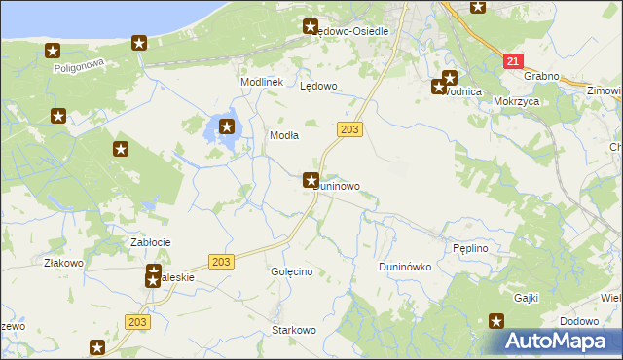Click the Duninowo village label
(x=342, y=185)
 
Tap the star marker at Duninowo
(x=311, y=179)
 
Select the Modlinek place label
(x=262, y=82)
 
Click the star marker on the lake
(x=227, y=126)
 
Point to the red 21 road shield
(x=513, y=60)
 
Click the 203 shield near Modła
(x=351, y=129)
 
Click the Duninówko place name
(x=404, y=266)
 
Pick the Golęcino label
(x=291, y=271)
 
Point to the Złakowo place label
(x=63, y=263)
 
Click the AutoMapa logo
(x=560, y=342)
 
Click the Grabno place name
(x=540, y=75)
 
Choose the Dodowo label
(x=579, y=321)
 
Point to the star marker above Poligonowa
(x=53, y=51)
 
